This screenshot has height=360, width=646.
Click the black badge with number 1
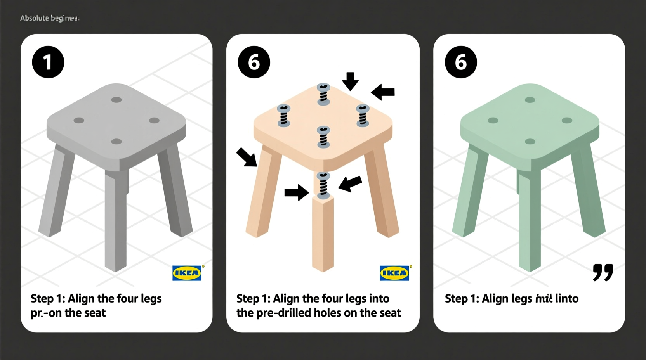(x=48, y=62)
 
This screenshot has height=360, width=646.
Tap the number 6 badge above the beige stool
(x=254, y=62)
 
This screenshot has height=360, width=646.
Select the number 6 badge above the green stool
(x=461, y=62)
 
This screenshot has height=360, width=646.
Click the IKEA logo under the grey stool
(x=187, y=273)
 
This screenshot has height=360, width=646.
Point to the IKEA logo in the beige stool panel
(x=394, y=273)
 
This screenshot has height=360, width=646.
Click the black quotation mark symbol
(x=603, y=272)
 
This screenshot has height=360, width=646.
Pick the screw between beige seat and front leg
(x=323, y=185)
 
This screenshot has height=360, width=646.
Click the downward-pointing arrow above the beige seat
(x=350, y=81)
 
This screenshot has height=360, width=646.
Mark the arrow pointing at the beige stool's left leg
(x=247, y=157)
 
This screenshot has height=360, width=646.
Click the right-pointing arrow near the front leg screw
(x=297, y=192)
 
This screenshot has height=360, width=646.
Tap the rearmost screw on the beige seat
(x=323, y=94)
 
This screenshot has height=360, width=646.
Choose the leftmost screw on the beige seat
(x=284, y=116)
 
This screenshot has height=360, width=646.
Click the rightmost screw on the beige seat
(x=363, y=116)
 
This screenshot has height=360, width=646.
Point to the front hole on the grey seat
(x=116, y=142)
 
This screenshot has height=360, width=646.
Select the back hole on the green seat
(x=530, y=100)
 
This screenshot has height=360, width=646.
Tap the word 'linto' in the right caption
(x=567, y=298)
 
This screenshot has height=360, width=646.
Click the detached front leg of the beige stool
(x=323, y=233)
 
